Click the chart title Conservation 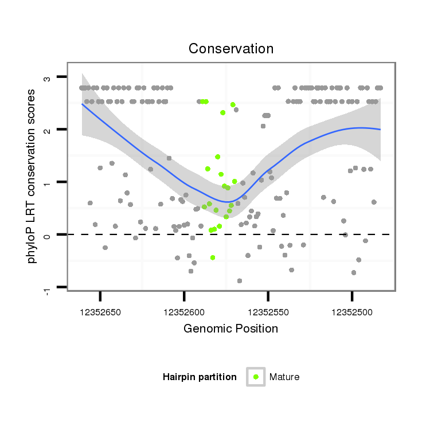pyautogui.click(x=231, y=49)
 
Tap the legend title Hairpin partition pyautogui.click(x=200, y=377)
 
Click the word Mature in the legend pyautogui.click(x=284, y=377)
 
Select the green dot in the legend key pyautogui.click(x=256, y=377)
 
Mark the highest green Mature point pyautogui.click(x=233, y=104)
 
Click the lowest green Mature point pyautogui.click(x=213, y=258)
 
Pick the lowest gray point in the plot pyautogui.click(x=240, y=281)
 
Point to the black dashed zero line pyautogui.click(x=143, y=234)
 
